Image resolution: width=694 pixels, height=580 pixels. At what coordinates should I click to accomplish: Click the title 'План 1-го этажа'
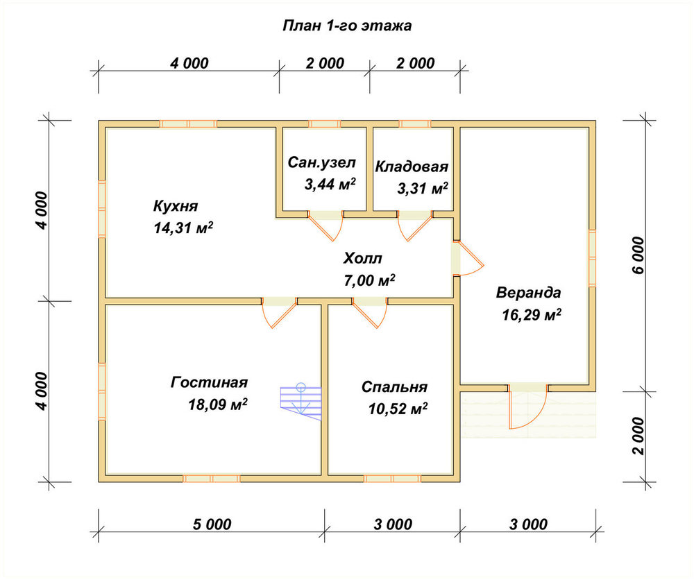[347, 26]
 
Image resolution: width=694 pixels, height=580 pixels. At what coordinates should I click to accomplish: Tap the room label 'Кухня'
[176, 206]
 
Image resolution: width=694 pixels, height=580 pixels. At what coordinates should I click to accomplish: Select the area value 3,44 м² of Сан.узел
[330, 184]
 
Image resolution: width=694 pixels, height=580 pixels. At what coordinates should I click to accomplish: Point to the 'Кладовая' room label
[412, 167]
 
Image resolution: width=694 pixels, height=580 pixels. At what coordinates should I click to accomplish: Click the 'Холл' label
[362, 258]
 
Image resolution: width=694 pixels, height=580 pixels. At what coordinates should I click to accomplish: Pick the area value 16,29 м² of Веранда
[532, 314]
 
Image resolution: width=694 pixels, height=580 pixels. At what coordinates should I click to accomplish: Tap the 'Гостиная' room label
[210, 382]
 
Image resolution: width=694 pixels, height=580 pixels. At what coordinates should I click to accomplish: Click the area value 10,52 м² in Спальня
[398, 409]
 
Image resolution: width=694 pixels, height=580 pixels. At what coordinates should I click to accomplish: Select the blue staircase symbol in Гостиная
[301, 401]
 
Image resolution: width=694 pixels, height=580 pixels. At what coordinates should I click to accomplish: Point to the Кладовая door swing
[415, 225]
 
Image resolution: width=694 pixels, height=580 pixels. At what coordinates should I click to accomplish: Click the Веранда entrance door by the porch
[527, 407]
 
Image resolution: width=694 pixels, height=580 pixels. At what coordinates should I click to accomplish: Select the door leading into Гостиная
[279, 313]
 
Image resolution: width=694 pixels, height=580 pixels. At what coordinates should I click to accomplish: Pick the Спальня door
[370, 313]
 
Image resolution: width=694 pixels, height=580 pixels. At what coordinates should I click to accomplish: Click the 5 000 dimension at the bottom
[212, 524]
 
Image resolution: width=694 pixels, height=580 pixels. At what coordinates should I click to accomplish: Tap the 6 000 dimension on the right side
[638, 255]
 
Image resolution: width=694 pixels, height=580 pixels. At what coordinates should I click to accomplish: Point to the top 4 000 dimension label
[189, 63]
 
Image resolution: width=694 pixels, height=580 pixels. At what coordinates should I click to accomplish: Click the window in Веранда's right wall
[592, 258]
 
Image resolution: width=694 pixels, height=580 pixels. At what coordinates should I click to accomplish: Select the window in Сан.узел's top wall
[324, 124]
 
